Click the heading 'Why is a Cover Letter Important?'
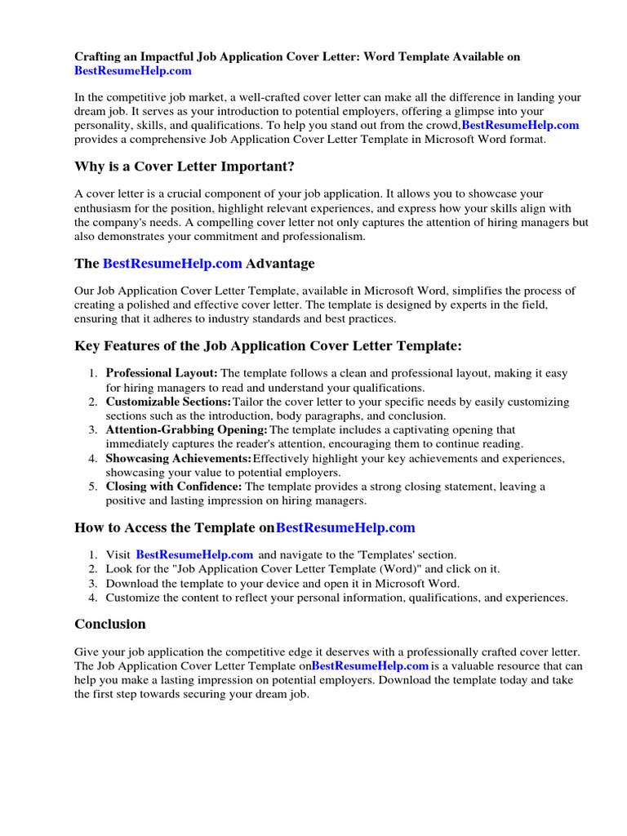click(x=184, y=167)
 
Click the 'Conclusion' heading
click(x=110, y=624)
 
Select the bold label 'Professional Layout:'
click(x=162, y=373)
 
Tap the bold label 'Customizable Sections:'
click(x=168, y=402)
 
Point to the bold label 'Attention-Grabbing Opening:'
click(x=186, y=429)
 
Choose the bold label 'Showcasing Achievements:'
click(x=179, y=458)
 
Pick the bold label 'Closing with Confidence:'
click(x=174, y=487)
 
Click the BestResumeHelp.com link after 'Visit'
click(x=194, y=555)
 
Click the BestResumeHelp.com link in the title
click(x=133, y=71)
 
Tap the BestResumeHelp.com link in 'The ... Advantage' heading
click(x=172, y=264)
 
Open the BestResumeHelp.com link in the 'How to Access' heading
click(x=345, y=527)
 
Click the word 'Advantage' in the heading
click(x=280, y=264)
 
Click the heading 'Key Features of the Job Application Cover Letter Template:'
click(x=268, y=346)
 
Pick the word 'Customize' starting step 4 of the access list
click(x=133, y=598)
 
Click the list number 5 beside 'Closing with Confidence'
click(x=93, y=487)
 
